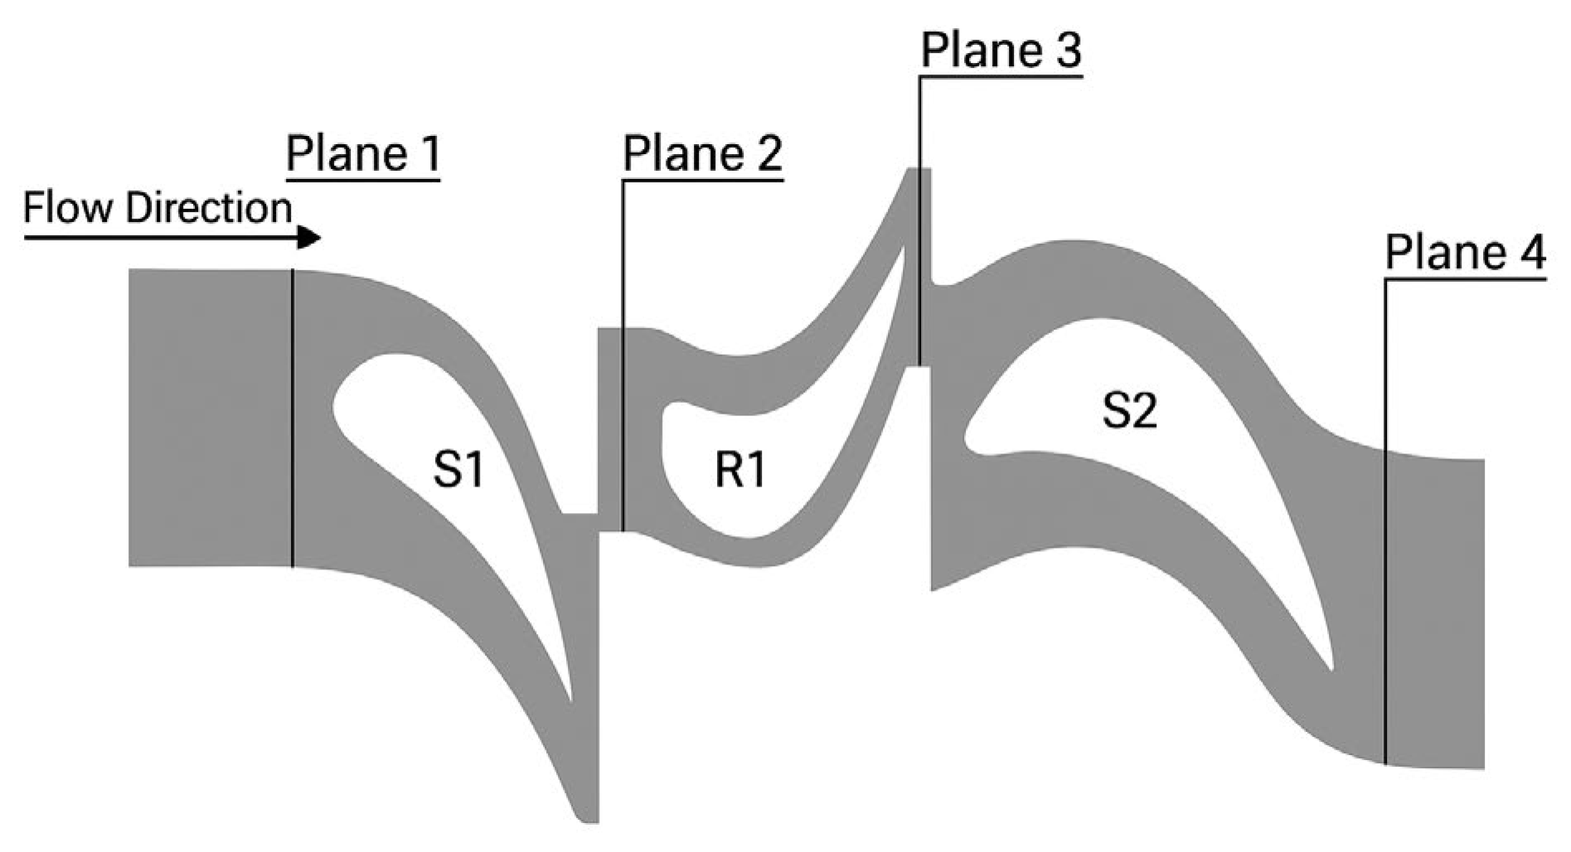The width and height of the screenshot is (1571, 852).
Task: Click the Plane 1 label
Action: [362, 155]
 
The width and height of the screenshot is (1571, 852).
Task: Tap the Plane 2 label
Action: [702, 155]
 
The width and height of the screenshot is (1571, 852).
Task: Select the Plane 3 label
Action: [1001, 51]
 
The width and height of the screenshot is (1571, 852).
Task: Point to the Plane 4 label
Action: [1465, 253]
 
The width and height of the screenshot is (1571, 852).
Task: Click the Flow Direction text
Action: [158, 208]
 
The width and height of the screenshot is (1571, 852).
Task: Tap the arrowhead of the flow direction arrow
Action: [309, 238]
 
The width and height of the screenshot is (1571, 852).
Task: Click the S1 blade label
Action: [458, 471]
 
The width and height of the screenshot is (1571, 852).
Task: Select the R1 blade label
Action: [740, 471]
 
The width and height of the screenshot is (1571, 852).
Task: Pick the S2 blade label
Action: [1129, 410]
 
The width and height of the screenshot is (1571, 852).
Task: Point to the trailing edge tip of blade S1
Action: [571, 700]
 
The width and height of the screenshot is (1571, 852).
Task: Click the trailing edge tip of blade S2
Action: [1331, 668]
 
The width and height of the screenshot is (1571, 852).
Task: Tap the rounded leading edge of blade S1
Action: [335, 406]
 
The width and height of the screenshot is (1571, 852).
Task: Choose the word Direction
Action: [208, 208]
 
